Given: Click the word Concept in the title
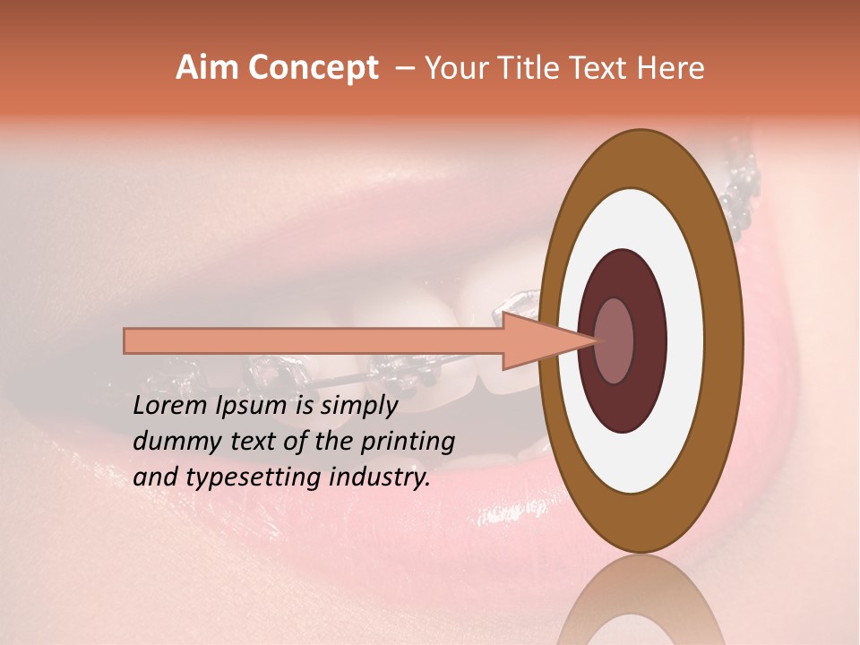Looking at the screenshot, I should (312, 68).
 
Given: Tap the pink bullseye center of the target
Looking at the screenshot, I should (614, 340).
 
